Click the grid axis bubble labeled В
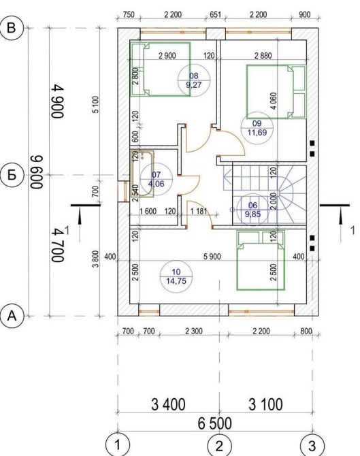click(x=12, y=28)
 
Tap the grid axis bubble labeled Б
click(x=12, y=176)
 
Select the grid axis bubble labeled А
click(x=12, y=316)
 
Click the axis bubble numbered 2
click(x=219, y=446)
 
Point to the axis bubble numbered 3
click(x=312, y=446)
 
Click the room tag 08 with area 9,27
click(x=194, y=80)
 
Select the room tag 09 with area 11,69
click(x=257, y=128)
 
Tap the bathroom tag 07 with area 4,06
click(x=156, y=179)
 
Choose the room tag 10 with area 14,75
click(x=176, y=276)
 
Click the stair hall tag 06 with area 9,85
click(x=252, y=210)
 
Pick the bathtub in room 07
click(x=142, y=174)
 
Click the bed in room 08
click(x=160, y=69)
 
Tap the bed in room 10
click(x=261, y=260)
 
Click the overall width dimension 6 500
click(x=215, y=423)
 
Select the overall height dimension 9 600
click(x=37, y=172)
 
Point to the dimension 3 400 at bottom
click(x=168, y=404)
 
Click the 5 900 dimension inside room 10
click(x=212, y=257)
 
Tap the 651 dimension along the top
click(x=216, y=14)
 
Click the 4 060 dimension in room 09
click(x=274, y=101)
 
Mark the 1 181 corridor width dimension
click(x=199, y=211)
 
